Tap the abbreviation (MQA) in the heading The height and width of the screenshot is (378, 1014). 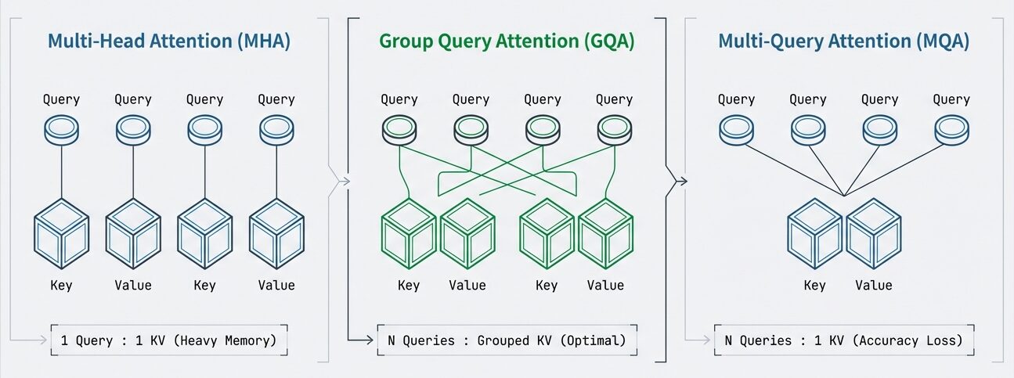point(943,41)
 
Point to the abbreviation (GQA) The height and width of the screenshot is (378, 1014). point(609,41)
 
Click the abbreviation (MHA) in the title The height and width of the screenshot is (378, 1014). point(264,41)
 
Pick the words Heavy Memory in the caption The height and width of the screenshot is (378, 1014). point(225,340)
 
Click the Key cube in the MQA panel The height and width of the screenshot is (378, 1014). point(815,234)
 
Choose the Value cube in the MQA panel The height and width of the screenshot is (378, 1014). point(874,234)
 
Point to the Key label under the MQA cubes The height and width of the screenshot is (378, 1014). point(814,286)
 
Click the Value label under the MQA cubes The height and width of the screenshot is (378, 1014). point(874,285)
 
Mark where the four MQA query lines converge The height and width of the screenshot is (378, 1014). point(844,196)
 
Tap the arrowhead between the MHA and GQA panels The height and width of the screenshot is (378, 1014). point(345,182)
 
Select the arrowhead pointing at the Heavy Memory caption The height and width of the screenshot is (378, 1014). point(43,340)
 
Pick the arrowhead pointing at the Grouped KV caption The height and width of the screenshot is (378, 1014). point(369,340)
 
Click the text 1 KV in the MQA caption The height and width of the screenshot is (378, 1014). point(829,340)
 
